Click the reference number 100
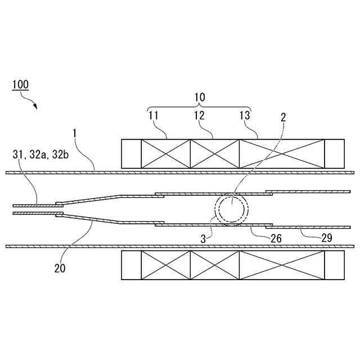pos(21,85)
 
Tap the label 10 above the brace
pos(199,97)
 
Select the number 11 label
pos(154,116)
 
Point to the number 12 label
pos(199,116)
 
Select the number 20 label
pos(60,268)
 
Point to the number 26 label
pos(276,238)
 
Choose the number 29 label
pos(327,238)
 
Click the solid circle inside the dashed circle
pos(232,210)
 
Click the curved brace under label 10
pos(199,107)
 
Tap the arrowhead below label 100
pos(35,106)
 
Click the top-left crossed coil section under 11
pos(165,154)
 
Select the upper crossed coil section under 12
pos(215,154)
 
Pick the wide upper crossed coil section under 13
pos(282,154)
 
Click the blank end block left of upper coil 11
pos(131,154)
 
